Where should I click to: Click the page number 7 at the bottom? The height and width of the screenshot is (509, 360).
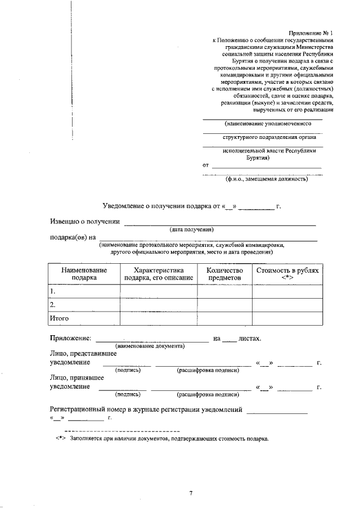[x=191, y=493]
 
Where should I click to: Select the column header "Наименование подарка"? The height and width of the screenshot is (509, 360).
[x=84, y=273]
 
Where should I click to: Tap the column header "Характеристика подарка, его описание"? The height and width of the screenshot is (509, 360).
[x=159, y=273]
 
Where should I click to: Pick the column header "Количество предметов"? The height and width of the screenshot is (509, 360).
[x=224, y=273]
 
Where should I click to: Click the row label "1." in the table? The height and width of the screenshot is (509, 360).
[x=53, y=291]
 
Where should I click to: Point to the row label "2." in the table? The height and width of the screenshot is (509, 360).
[x=53, y=305]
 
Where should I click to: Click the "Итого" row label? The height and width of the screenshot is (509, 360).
[x=59, y=318]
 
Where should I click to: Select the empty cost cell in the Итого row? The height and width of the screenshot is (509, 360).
[x=287, y=318]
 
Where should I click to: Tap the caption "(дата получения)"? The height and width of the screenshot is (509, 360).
[x=192, y=229]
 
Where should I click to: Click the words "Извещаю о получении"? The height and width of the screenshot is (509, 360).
[x=82, y=222]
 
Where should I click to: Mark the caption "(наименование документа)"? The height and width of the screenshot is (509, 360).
[x=150, y=346]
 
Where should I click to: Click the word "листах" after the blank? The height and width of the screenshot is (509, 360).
[x=249, y=339]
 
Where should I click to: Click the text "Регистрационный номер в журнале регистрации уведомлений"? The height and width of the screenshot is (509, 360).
[x=146, y=410]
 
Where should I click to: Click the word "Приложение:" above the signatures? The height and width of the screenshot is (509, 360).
[x=70, y=339]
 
